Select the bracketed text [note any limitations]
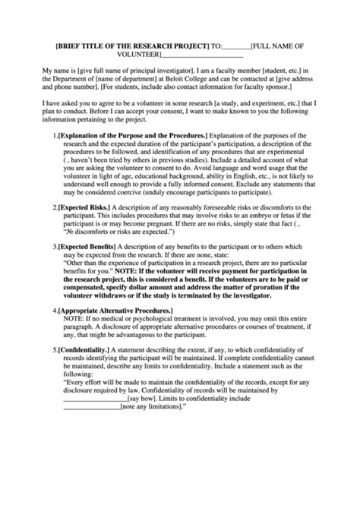154,406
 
